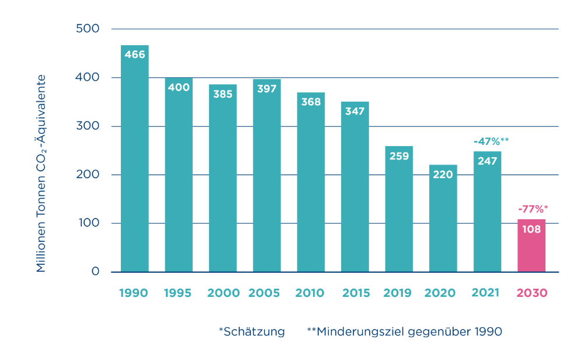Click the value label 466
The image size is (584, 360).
click(x=134, y=55)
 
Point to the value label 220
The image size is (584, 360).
click(x=443, y=174)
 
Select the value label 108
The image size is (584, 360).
click(x=531, y=229)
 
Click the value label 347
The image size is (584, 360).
click(x=355, y=111)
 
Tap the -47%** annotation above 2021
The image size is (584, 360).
click(x=487, y=141)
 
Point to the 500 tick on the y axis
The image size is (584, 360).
click(x=88, y=29)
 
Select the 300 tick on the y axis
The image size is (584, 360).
click(x=88, y=126)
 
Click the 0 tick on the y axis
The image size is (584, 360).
click(x=95, y=272)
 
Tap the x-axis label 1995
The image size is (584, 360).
click(x=178, y=293)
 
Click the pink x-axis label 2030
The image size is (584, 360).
click(x=531, y=293)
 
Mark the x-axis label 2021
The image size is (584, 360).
click(x=487, y=293)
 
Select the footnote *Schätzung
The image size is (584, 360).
click(x=252, y=332)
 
